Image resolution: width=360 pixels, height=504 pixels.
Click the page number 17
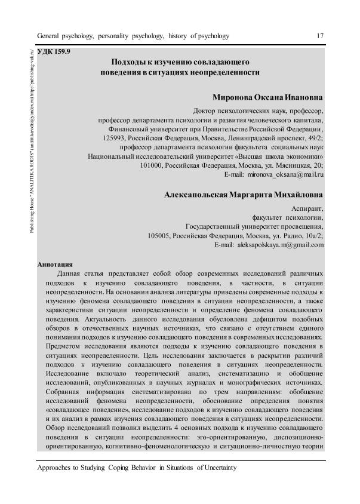point(320,36)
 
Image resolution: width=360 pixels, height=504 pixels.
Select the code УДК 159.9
point(54,53)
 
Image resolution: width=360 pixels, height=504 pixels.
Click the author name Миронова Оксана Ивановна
point(267,97)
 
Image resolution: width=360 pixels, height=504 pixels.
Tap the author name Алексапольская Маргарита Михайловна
point(244,194)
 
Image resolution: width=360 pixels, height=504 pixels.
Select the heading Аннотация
point(55,263)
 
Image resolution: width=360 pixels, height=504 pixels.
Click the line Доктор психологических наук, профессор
point(259,110)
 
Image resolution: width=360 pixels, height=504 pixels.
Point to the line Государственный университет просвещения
point(255,227)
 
